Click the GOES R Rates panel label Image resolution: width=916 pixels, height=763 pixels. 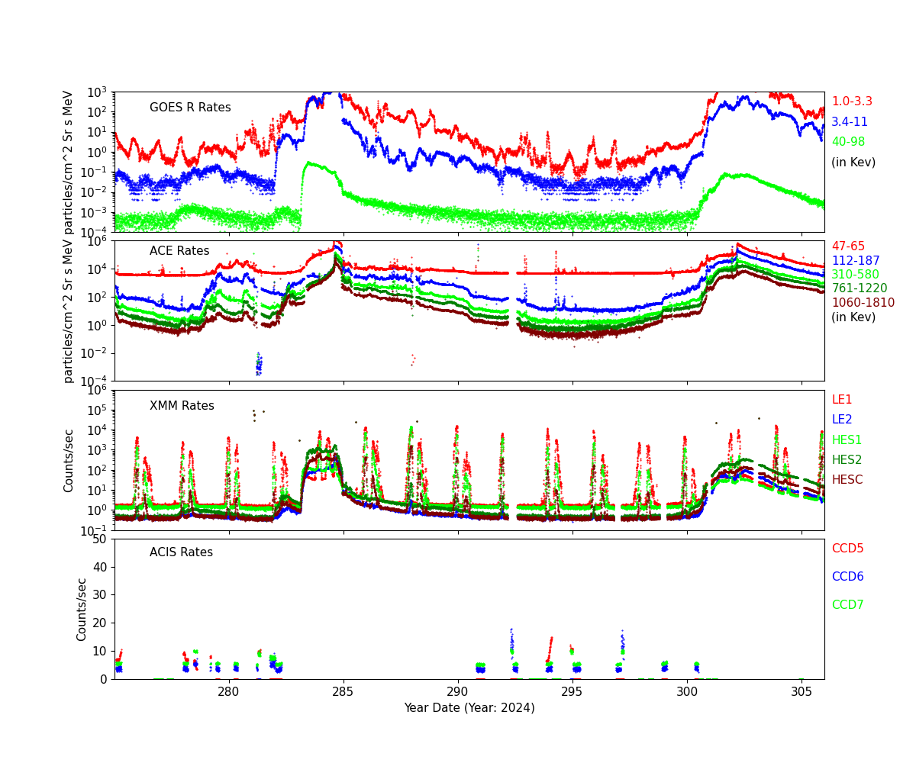190,108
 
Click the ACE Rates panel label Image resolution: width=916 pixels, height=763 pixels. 179,251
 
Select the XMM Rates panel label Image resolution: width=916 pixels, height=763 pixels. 182,406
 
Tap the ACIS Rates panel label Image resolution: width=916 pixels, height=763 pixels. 181,552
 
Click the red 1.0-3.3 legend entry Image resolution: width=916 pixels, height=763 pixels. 852,101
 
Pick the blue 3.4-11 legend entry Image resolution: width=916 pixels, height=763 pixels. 850,122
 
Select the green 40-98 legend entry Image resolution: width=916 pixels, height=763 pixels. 848,142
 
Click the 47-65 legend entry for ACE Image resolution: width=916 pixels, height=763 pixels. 848,246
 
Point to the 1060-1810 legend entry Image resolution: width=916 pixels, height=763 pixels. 858,303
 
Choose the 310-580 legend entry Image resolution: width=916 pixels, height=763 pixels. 855,275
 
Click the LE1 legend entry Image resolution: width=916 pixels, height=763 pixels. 842,400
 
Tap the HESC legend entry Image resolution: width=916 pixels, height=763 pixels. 847,480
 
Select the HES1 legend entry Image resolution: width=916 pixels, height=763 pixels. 847,440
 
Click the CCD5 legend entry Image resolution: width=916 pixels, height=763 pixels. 847,549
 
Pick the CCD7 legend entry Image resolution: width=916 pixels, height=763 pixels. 847,605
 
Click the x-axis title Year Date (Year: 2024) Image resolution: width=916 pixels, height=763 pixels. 469,708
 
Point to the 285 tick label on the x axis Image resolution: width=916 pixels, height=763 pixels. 343,691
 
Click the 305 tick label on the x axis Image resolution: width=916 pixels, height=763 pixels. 801,691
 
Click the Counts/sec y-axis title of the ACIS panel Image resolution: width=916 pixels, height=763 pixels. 82,609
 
